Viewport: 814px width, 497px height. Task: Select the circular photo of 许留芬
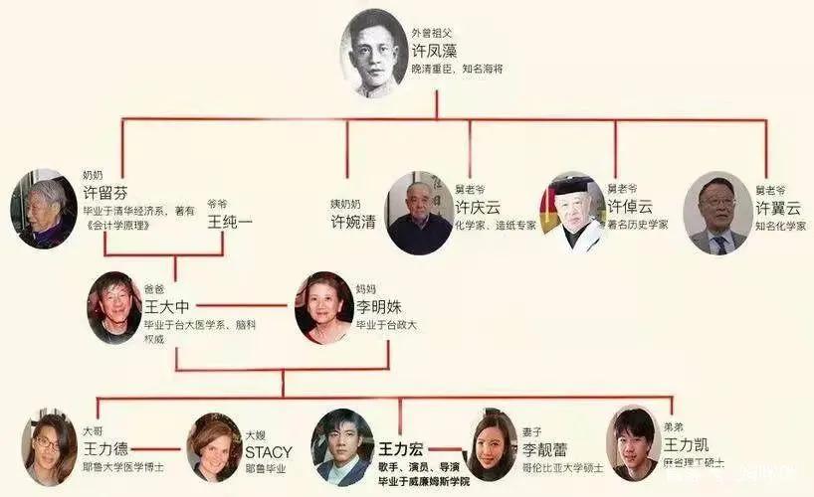pyautogui.click(x=44, y=208)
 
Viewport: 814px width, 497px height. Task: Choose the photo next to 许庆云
pyautogui.click(x=419, y=213)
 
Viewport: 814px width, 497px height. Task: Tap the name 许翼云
pyautogui.click(x=777, y=208)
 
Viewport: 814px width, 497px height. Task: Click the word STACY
pyautogui.click(x=269, y=450)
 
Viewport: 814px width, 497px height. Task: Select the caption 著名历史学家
pyautogui.click(x=638, y=225)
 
